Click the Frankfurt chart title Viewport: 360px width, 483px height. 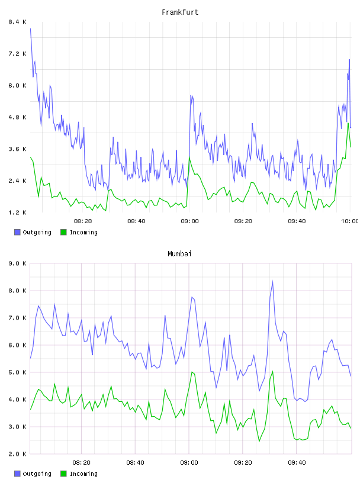click(x=180, y=12)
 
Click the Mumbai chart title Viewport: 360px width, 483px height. click(x=179, y=254)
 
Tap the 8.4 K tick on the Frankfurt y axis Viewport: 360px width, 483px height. click(x=17, y=22)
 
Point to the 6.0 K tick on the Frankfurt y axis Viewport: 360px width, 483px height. click(x=17, y=85)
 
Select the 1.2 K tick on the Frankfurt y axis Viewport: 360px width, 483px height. click(x=17, y=212)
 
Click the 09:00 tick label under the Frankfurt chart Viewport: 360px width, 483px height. click(x=189, y=221)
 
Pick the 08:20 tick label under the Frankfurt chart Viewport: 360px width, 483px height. click(x=83, y=221)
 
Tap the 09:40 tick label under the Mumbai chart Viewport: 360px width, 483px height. click(x=297, y=462)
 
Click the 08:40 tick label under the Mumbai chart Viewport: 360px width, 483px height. click(x=135, y=462)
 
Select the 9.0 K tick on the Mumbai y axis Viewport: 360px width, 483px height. click(x=17, y=263)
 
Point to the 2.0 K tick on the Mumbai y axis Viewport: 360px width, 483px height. click(x=17, y=454)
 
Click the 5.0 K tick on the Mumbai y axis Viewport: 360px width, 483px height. click(x=17, y=372)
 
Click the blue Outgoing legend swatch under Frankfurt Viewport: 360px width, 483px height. click(x=17, y=232)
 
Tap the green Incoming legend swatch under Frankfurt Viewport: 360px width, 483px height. click(x=63, y=232)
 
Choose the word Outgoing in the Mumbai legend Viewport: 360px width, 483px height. click(x=37, y=474)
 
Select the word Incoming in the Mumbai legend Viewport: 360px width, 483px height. click(x=83, y=474)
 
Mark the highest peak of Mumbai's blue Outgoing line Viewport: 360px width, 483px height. click(x=272, y=281)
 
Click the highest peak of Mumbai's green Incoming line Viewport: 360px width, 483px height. click(x=272, y=372)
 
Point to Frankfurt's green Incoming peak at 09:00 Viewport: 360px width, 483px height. click(x=189, y=157)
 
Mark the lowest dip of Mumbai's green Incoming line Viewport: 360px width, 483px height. click(x=259, y=442)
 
